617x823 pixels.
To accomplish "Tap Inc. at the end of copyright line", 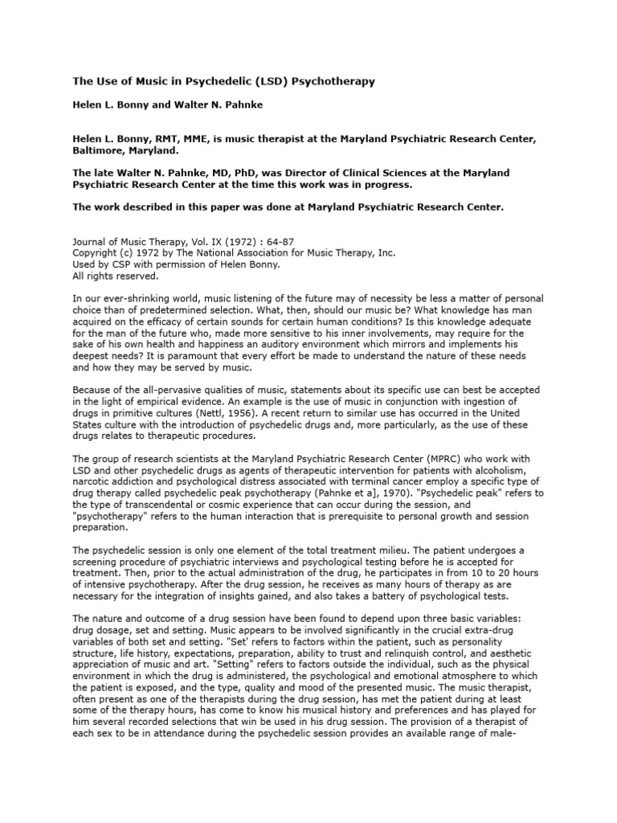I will click(385, 252).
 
